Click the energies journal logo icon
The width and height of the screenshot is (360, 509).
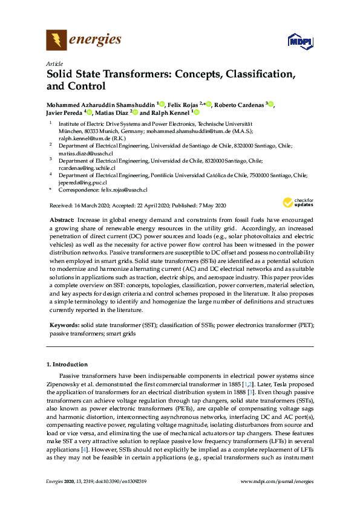[x=56, y=41]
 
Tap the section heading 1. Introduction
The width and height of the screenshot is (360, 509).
[x=67, y=365]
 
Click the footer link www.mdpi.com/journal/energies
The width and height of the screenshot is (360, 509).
[x=277, y=498]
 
